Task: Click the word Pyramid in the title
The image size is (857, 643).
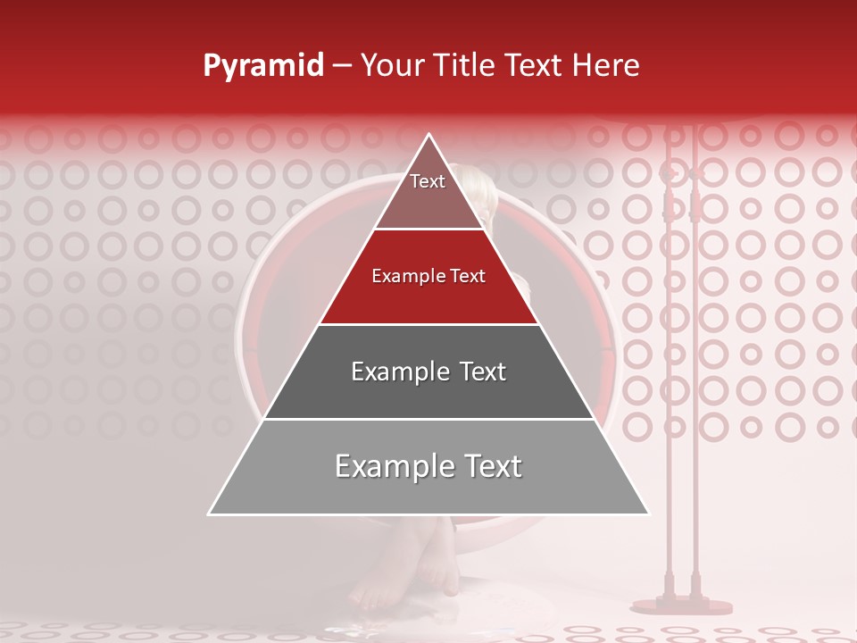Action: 263,66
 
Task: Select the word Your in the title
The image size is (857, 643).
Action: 390,66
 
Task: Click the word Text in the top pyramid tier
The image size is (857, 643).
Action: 428,181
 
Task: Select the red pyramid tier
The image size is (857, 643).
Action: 428,290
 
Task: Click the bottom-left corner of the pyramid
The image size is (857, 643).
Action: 210,514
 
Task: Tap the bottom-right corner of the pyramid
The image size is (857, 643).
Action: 648,514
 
